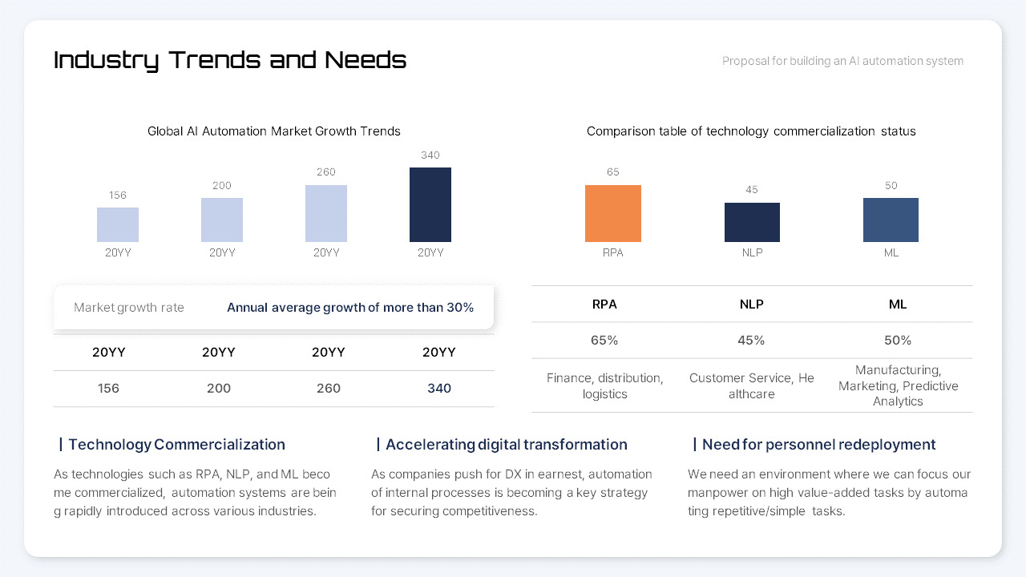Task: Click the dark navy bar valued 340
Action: [430, 204]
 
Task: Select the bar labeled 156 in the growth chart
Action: [118, 224]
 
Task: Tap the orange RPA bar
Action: [613, 213]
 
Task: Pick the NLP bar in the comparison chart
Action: [752, 222]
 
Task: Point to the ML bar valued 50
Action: [891, 220]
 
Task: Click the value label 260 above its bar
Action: [326, 172]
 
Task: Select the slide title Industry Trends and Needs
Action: [230, 60]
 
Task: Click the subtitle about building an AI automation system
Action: [842, 61]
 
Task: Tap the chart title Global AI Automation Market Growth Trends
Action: [274, 131]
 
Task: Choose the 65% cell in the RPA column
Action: [604, 341]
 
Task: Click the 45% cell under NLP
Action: [751, 341]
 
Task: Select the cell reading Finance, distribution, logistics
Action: [604, 385]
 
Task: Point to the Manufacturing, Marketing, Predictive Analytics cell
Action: [898, 385]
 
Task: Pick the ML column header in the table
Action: [898, 305]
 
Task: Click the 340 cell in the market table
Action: [439, 389]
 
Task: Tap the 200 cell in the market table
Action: [219, 389]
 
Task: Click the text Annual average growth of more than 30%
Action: [350, 308]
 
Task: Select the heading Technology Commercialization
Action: [176, 445]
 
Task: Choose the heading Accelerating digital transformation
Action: [506, 445]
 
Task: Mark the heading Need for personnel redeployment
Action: [818, 445]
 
